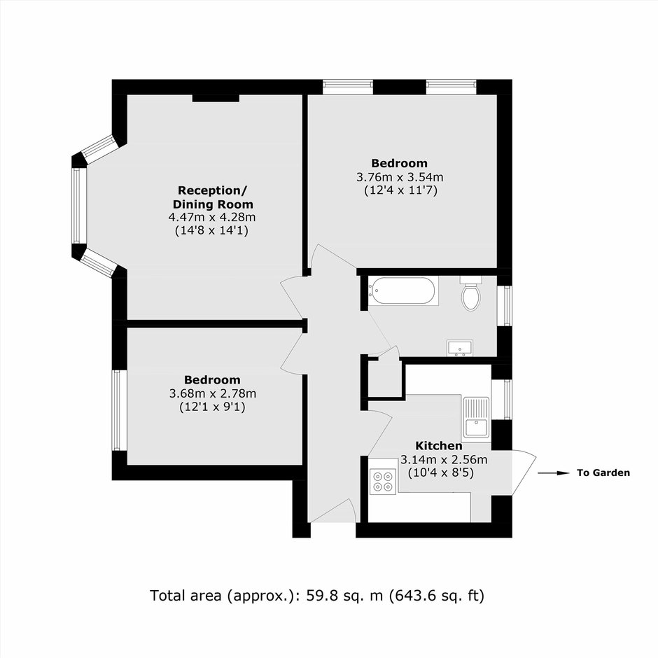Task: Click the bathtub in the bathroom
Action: [403, 290]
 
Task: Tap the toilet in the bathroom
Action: [470, 293]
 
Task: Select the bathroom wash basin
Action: [460, 349]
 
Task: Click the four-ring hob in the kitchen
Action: [383, 482]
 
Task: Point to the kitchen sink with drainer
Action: [476, 419]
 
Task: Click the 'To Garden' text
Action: [603, 473]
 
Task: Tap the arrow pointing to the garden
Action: [554, 473]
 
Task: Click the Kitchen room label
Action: [438, 446]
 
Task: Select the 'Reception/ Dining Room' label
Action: [213, 197]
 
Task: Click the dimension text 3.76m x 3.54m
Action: [400, 177]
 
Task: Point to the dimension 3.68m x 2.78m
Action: [213, 393]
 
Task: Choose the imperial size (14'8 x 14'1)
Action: [212, 230]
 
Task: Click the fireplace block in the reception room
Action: [216, 98]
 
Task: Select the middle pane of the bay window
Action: [78, 206]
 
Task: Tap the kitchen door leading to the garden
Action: [524, 473]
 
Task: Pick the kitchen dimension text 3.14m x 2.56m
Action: [444, 459]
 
